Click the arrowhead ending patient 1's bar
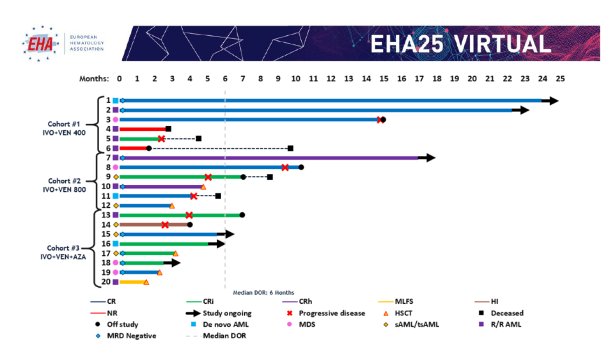pyautogui.click(x=550, y=100)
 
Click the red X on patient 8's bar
pyautogui.click(x=285, y=168)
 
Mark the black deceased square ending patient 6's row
pyautogui.click(x=290, y=148)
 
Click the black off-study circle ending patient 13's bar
pyautogui.click(x=242, y=215)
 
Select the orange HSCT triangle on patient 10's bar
pyautogui.click(x=203, y=187)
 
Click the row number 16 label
pyautogui.click(x=106, y=244)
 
